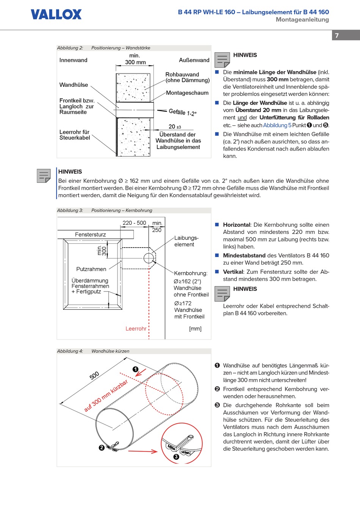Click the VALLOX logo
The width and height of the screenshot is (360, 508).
pos(56,14)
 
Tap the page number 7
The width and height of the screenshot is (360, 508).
pos(337,36)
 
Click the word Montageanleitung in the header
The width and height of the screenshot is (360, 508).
pos(302,20)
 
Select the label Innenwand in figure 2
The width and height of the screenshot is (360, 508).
pos(73,60)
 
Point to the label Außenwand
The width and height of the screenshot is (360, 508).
pos(194,60)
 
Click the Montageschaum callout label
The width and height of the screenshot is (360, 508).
pos(187,93)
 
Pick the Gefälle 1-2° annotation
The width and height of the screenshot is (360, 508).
pos(183,112)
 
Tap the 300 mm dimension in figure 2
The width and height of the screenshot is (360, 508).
pos(135,62)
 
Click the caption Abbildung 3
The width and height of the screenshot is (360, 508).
pos(70,210)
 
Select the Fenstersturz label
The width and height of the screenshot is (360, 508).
pos(90,235)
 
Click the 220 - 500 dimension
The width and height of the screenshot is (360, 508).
pos(134,223)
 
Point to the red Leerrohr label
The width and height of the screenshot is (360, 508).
pos(136,329)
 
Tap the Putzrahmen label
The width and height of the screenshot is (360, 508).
pos(91,269)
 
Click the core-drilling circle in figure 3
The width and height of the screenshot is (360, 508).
pos(149,258)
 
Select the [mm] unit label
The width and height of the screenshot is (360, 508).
pos(195,329)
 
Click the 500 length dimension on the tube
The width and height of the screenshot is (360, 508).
pos(94,375)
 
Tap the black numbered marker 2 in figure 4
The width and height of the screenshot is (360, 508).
pos(102,448)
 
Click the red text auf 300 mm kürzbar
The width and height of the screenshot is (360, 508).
pos(106,396)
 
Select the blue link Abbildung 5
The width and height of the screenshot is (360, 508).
pos(277,125)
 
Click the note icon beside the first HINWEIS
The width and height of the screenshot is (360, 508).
pos(222,60)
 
